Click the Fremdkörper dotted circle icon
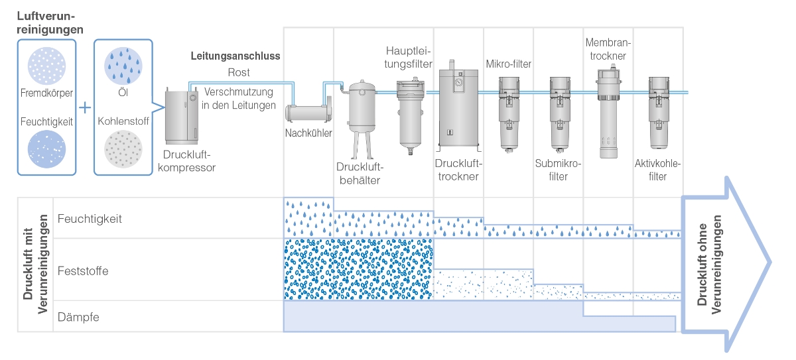46,66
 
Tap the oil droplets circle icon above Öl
123,66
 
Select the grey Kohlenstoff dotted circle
123,149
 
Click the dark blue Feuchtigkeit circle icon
46,149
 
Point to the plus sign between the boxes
85,107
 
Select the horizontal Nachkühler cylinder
308,112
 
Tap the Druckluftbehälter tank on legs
361,119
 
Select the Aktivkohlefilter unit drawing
659,113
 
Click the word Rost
239,72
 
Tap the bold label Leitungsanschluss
235,56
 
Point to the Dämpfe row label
78,317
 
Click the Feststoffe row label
83,271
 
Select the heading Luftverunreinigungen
50,23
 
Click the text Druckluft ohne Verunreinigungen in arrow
709,265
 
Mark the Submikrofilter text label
558,170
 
